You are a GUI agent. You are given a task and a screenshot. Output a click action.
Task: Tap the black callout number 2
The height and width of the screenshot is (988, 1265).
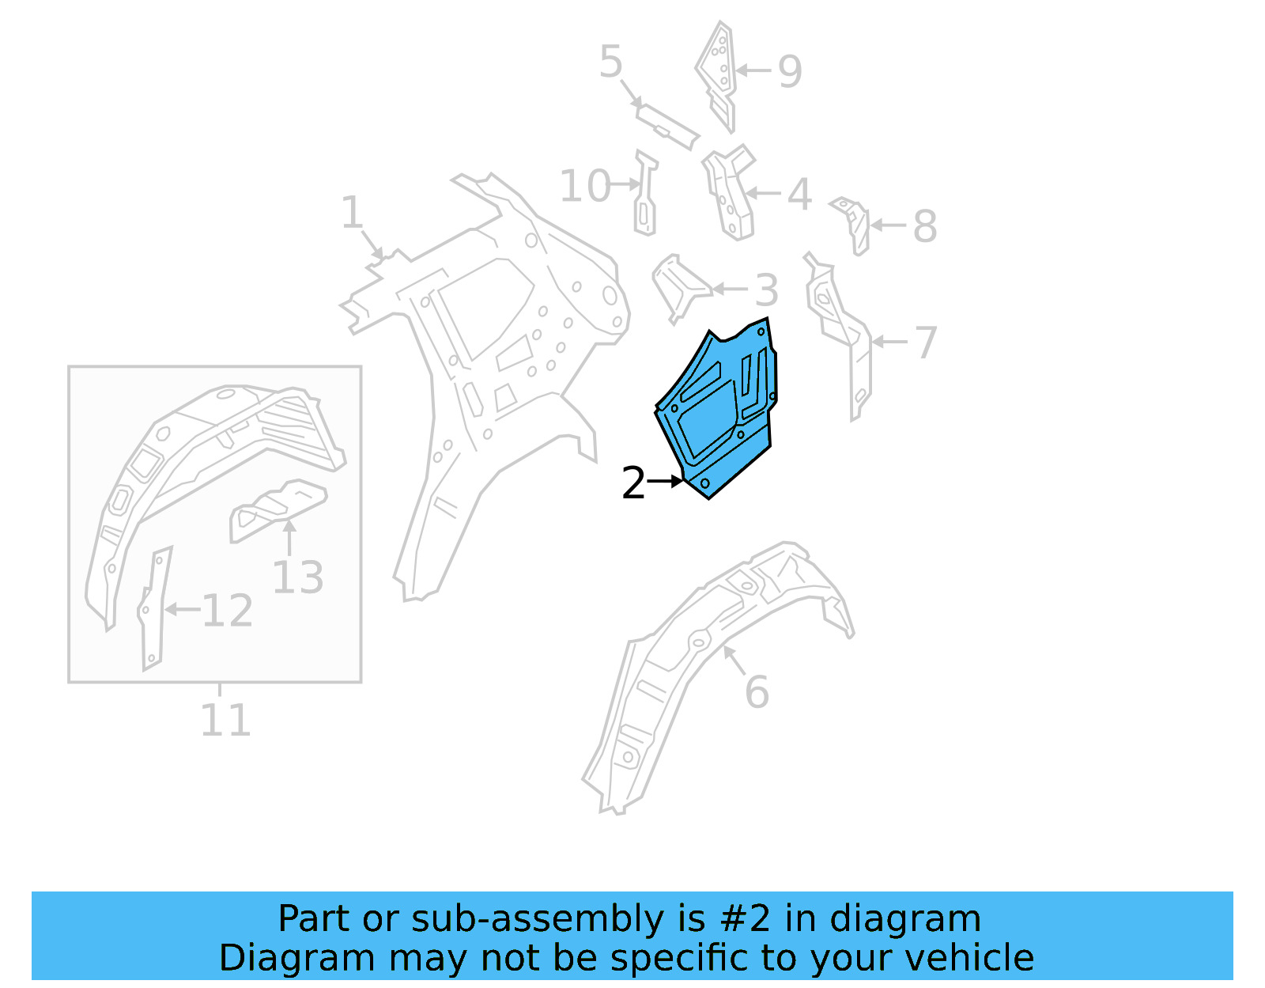click(633, 483)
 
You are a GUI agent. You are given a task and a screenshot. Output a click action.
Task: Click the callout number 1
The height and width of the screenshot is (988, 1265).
click(351, 213)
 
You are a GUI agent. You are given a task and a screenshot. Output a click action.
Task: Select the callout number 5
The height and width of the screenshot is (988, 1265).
click(610, 62)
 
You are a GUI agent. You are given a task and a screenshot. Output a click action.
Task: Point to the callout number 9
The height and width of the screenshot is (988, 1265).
click(789, 71)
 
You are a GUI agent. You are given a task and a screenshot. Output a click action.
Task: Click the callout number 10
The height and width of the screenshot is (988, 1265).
click(585, 187)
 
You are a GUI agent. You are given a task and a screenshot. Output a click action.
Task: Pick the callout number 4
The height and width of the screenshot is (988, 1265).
click(799, 194)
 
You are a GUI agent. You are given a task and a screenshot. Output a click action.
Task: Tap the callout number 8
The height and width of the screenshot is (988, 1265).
click(924, 226)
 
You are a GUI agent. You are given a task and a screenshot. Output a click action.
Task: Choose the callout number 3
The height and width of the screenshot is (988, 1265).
click(766, 290)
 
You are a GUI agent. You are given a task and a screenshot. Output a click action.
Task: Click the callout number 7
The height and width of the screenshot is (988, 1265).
click(926, 343)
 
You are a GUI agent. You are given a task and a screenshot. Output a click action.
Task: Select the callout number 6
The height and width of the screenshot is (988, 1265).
click(757, 692)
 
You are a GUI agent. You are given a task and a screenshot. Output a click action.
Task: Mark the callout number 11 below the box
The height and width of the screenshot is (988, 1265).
click(225, 720)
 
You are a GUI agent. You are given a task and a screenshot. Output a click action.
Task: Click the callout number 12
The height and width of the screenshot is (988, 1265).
click(227, 611)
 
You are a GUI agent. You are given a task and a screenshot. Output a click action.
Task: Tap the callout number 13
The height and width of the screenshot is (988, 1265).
click(298, 577)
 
